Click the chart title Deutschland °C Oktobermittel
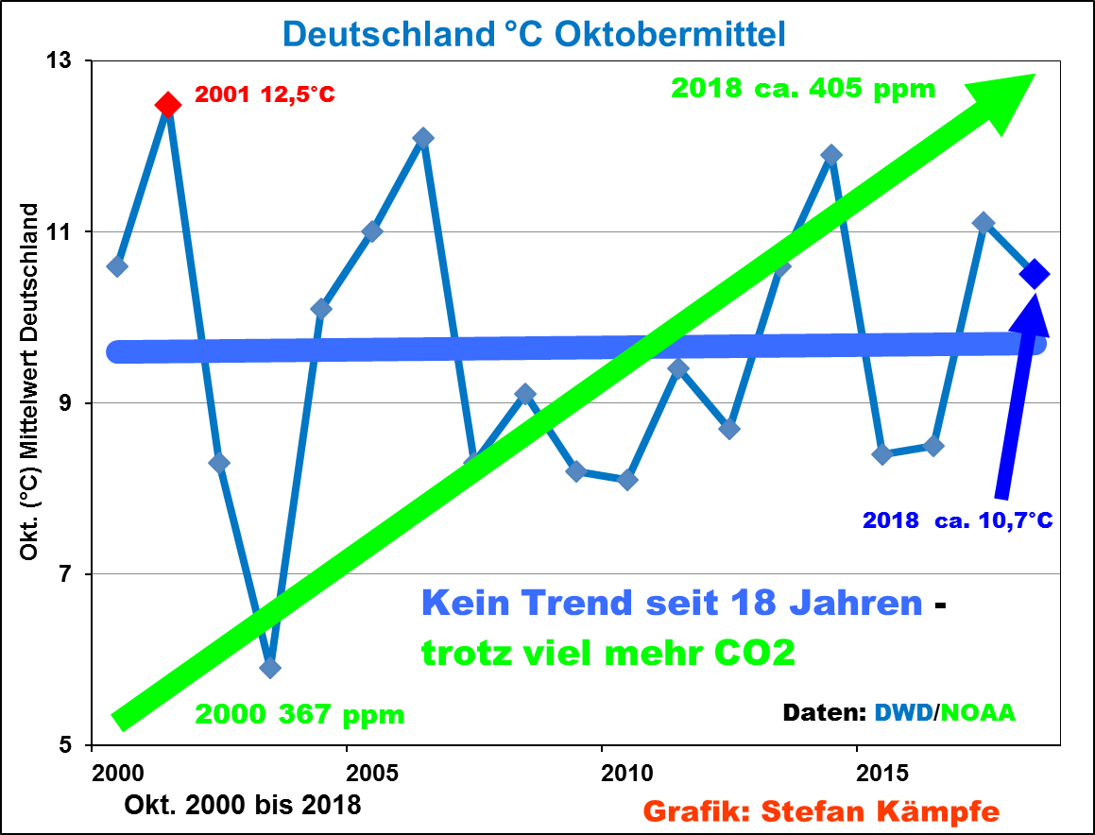pos(534,34)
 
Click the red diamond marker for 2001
pos(168,105)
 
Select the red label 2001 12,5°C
pos(265,95)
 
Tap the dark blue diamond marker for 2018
pos(1035,274)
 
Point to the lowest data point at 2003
pos(270,668)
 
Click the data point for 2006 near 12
pos(423,138)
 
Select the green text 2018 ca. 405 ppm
pos(803,89)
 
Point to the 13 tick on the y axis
pos(72,60)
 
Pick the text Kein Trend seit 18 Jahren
pos(671,602)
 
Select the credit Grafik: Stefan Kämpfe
pos(820,810)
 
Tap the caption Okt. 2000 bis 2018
pos(242,806)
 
